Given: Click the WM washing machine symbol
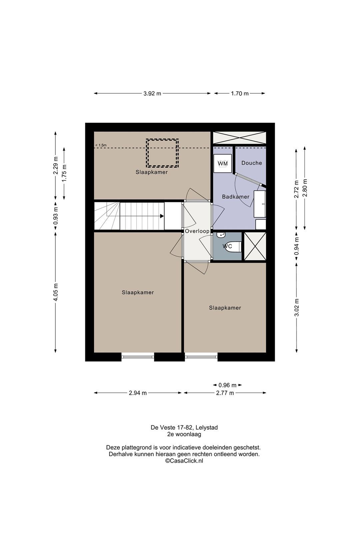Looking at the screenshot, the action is (x=223, y=163).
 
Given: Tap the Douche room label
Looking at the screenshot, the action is (x=251, y=163).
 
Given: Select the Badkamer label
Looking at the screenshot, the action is (x=236, y=197).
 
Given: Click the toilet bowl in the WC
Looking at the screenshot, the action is (x=234, y=246).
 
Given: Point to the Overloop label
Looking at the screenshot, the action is (x=197, y=231).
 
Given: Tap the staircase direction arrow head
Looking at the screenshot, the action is (x=162, y=216).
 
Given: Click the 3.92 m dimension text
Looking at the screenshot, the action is (x=152, y=94).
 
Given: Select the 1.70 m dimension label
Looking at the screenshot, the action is (x=240, y=94).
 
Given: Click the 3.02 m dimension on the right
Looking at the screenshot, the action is (x=297, y=307).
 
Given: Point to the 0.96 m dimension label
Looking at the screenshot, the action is (x=227, y=385).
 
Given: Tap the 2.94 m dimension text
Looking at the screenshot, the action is (x=138, y=393).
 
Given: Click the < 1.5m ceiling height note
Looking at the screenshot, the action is (x=101, y=145).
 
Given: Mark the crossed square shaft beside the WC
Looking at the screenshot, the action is (x=255, y=246).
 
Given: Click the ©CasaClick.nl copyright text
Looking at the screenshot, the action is (x=184, y=461).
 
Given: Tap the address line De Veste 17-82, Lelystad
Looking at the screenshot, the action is (x=184, y=427).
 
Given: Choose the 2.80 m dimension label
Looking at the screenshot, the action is (x=305, y=188).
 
